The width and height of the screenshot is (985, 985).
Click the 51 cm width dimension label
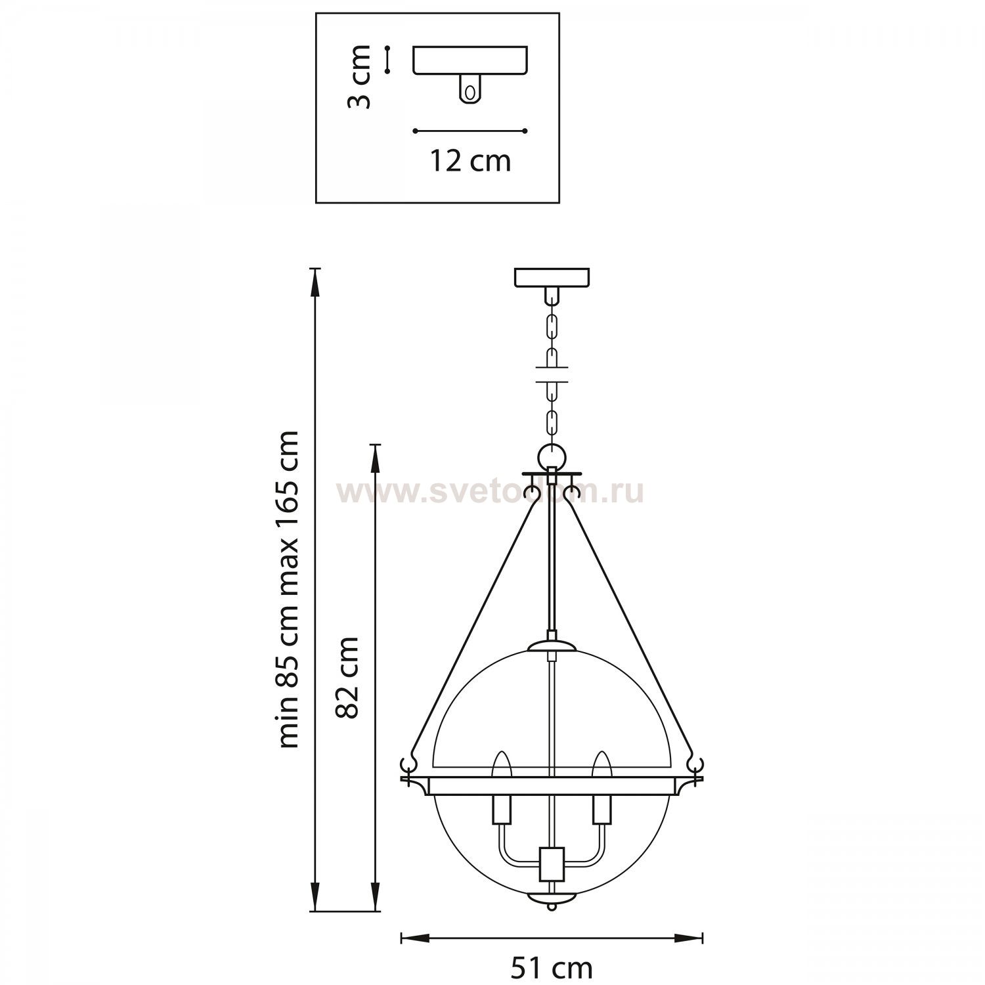pos(552,968)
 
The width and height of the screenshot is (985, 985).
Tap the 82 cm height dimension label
pos(346,677)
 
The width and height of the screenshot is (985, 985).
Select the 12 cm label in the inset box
pos(470,161)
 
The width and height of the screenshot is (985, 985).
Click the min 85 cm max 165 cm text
pos(288,589)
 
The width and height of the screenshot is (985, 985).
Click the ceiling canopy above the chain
pos(552,278)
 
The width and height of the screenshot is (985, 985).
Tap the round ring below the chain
pos(552,456)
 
